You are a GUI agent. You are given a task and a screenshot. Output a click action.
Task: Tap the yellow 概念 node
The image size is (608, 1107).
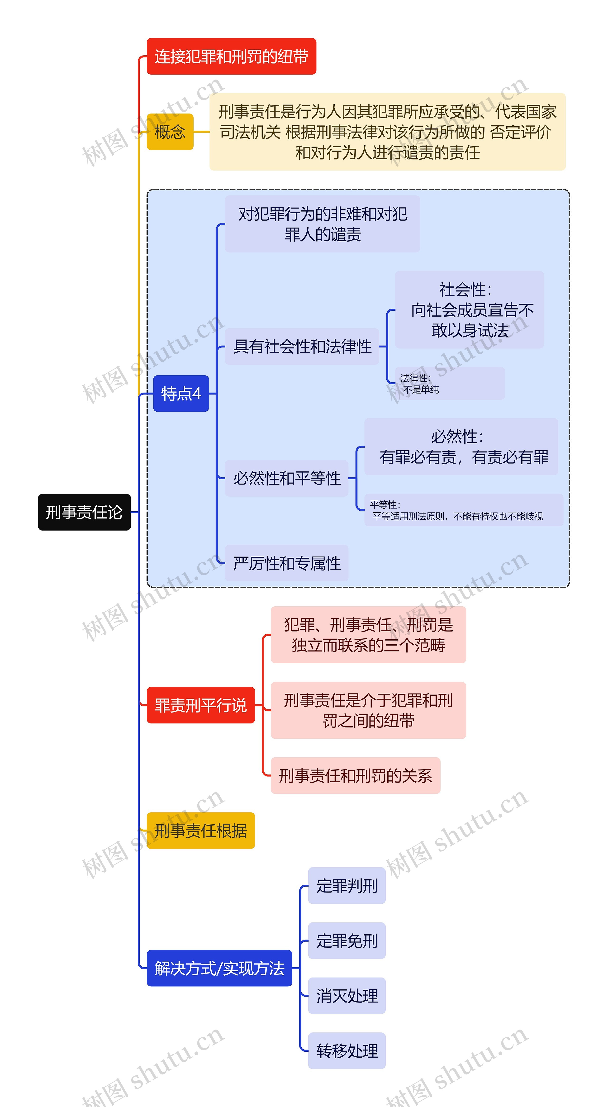click(170, 132)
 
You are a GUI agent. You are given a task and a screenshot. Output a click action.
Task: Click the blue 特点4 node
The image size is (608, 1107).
click(181, 393)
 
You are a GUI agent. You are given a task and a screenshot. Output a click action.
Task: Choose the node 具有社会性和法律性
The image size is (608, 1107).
click(302, 346)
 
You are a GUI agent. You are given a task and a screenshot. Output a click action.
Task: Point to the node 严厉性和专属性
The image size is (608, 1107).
click(287, 563)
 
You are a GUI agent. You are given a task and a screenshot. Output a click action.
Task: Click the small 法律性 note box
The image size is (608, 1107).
click(449, 383)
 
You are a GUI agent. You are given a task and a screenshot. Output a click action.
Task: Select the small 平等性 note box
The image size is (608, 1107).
click(463, 510)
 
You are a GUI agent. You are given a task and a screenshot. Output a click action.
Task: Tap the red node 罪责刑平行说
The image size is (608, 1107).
click(201, 705)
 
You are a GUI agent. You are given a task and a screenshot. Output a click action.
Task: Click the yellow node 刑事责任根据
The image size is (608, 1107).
click(201, 831)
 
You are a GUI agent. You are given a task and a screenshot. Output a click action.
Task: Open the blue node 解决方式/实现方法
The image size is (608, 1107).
click(219, 968)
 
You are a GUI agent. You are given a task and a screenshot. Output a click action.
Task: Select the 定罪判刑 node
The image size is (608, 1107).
click(347, 886)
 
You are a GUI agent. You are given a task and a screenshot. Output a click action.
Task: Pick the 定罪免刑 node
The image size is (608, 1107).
click(347, 941)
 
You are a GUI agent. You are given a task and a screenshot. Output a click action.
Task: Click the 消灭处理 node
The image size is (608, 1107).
click(347, 996)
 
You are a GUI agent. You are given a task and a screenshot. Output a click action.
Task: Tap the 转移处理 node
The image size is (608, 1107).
click(347, 1051)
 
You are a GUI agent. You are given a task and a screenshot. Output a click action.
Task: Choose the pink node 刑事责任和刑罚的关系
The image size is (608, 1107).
click(355, 776)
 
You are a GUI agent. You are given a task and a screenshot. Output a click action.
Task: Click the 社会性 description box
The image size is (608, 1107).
click(469, 309)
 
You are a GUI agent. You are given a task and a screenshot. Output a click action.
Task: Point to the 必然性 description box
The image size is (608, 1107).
click(461, 447)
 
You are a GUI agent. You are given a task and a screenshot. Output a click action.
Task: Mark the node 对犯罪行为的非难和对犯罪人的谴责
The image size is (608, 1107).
click(322, 224)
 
